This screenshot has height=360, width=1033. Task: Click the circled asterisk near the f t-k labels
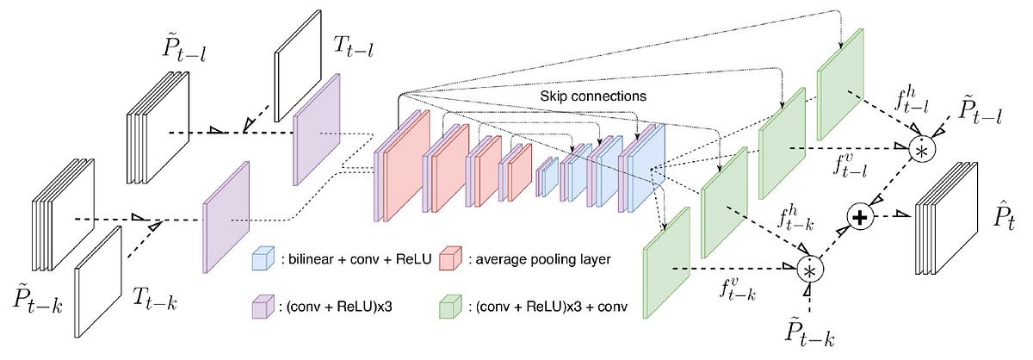[x=810, y=270]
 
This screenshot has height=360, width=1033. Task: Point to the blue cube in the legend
[x=260, y=258]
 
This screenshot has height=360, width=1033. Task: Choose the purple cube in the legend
[x=260, y=307]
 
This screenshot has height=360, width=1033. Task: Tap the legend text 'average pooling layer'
[x=534, y=258]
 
